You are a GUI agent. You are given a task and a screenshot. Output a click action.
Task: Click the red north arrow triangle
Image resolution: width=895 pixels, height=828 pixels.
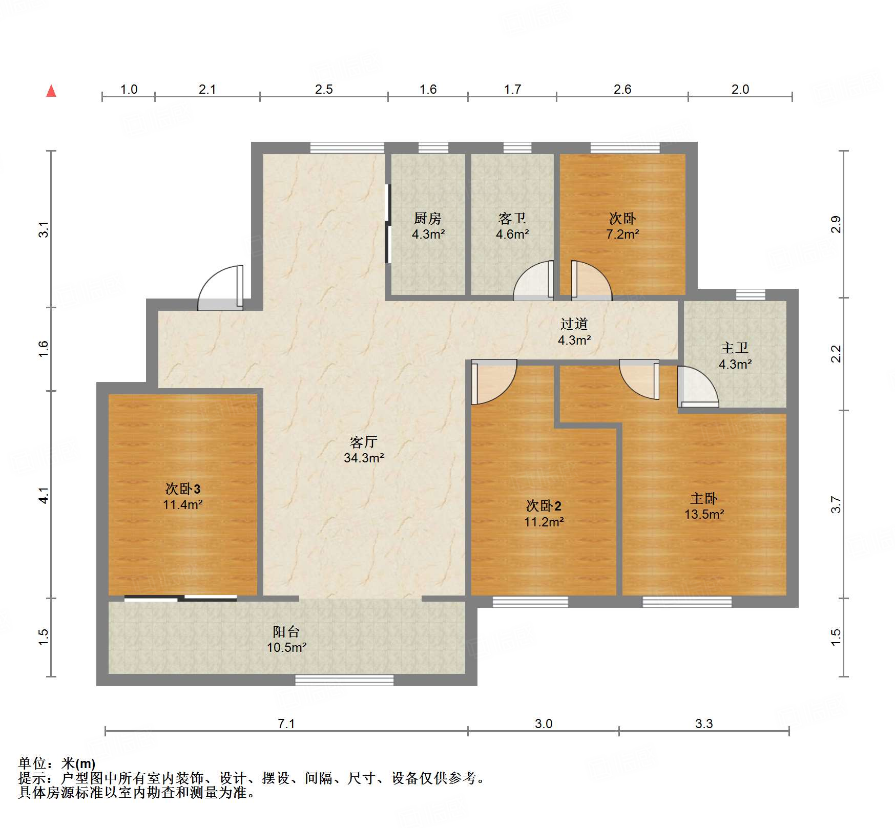[51, 91]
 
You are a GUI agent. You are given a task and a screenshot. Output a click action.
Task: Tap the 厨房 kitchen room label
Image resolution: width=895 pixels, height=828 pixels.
[428, 219]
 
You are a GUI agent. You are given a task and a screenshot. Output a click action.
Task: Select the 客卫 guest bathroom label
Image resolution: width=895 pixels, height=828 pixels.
[512, 219]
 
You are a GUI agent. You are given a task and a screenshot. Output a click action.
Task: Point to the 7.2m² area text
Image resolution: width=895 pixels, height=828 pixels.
[622, 235]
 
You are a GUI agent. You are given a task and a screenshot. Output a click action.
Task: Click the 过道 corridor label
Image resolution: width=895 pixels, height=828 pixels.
[574, 324]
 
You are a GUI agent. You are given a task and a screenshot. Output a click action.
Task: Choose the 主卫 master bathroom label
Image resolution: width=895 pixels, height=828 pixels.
[735, 348]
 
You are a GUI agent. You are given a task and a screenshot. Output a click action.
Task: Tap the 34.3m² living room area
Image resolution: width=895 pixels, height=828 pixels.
[364, 458]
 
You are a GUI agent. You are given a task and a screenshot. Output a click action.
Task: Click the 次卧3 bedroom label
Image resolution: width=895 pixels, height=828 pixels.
[182, 489]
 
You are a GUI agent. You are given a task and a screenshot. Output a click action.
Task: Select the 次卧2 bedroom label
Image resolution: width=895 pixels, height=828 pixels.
[544, 506]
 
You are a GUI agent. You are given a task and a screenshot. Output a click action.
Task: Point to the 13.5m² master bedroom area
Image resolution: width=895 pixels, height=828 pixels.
[704, 515]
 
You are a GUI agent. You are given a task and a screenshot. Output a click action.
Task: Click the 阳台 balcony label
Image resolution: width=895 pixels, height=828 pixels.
[286, 631]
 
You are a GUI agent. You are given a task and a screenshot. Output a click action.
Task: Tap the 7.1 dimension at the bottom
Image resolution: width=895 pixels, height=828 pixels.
[286, 724]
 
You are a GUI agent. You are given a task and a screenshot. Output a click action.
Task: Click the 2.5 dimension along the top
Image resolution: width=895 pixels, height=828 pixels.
[324, 90]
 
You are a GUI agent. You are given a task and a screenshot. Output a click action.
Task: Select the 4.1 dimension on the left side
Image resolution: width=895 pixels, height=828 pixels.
[44, 495]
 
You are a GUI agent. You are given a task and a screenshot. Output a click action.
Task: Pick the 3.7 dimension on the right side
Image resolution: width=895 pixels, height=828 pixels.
[836, 504]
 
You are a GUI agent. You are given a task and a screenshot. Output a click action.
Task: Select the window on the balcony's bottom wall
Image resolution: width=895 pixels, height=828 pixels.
[344, 680]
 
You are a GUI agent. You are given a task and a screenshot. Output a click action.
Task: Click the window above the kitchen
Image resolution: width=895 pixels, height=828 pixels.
[433, 147]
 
